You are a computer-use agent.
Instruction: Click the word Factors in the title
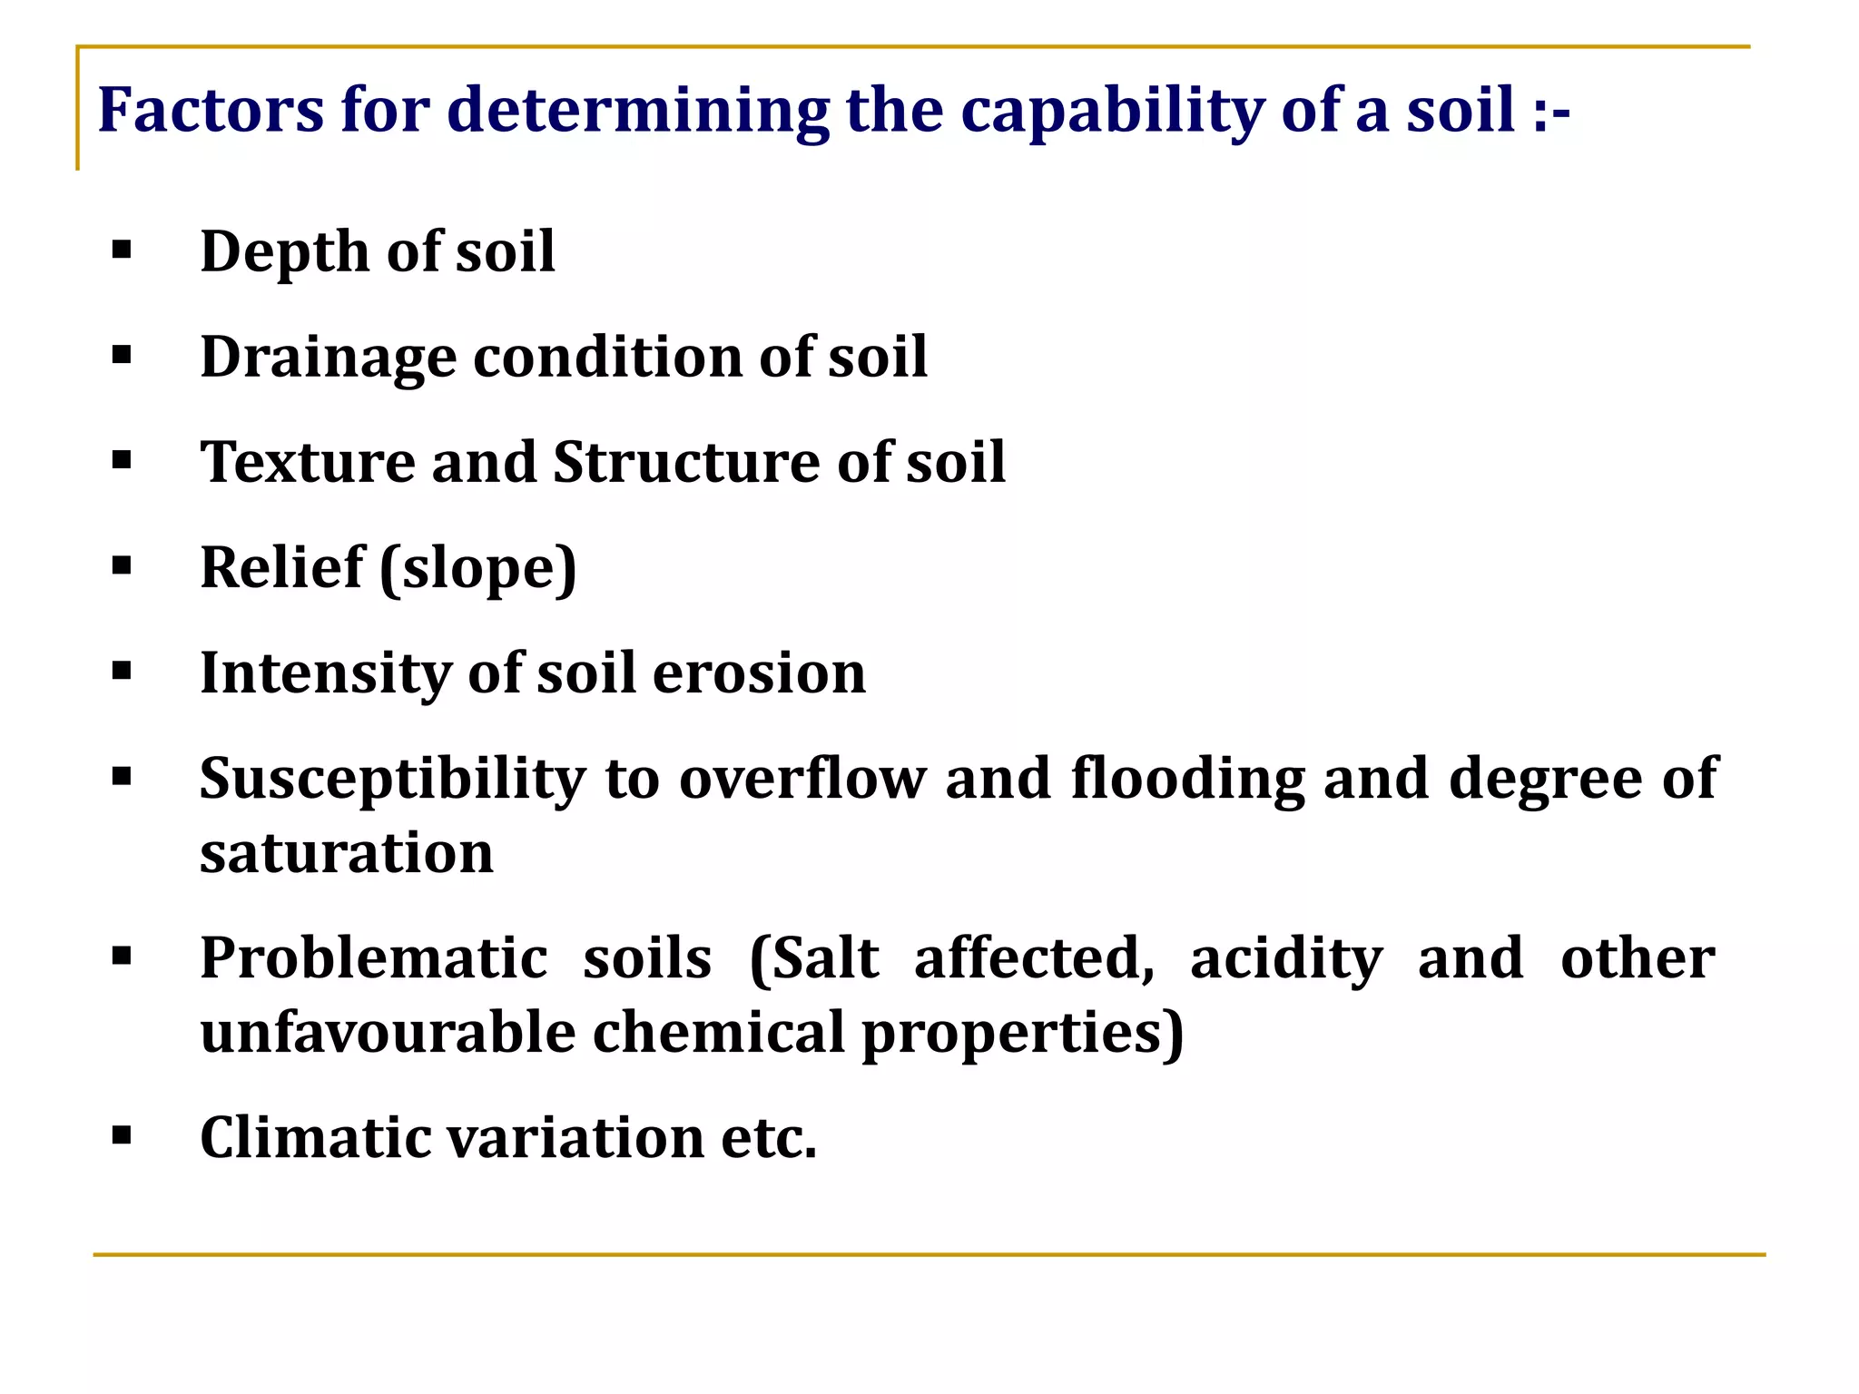(210, 110)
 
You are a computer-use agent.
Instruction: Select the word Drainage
(328, 358)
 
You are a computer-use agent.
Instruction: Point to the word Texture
(308, 462)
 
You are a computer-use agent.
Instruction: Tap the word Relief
(281, 568)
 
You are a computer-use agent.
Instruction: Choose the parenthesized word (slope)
(478, 569)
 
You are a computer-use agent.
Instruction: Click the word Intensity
(325, 673)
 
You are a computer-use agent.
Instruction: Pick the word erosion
(759, 673)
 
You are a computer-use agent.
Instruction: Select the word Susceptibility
(393, 780)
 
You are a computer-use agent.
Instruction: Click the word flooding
(1188, 780)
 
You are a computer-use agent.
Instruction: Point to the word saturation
(347, 853)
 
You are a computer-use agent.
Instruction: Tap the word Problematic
(374, 958)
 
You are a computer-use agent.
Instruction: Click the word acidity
(1286, 959)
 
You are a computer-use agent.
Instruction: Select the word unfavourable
(388, 1033)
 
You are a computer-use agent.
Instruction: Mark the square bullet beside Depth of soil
(122, 250)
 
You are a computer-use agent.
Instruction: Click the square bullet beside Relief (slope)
(122, 566)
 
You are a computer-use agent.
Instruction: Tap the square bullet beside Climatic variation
(122, 1135)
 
